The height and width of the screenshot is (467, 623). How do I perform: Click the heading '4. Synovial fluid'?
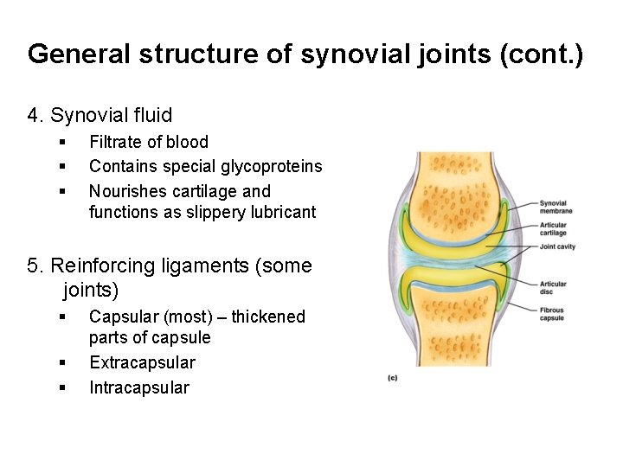100,115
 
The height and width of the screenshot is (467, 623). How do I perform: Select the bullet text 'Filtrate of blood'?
149,142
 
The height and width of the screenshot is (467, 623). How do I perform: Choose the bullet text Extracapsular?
142,362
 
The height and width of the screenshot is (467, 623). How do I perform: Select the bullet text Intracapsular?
138,387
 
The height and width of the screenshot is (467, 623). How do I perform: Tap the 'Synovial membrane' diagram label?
556,207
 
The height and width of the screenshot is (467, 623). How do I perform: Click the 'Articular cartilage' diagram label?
553,229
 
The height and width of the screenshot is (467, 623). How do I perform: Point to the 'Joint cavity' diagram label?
558,246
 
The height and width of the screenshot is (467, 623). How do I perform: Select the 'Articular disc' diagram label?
553,288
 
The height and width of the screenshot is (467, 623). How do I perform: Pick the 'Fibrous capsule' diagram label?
552,315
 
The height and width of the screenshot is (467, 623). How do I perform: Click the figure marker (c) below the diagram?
392,378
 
